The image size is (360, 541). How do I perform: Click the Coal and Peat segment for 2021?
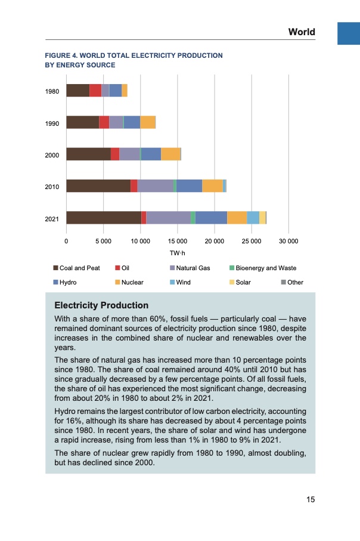[x=103, y=218]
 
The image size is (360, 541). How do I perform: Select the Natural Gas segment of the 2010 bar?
[x=155, y=186]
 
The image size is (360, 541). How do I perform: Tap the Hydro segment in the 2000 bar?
[x=151, y=154]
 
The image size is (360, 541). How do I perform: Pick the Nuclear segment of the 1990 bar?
[x=147, y=122]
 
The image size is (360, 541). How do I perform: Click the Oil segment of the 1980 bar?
[x=95, y=91]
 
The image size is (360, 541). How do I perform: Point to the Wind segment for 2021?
[x=253, y=218]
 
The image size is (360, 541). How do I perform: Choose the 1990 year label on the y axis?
[x=52, y=123]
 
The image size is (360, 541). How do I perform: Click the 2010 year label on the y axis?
[x=52, y=187]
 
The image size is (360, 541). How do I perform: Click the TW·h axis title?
[x=178, y=254]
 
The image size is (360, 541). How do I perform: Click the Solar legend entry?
[x=243, y=282]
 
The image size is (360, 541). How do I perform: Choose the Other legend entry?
[x=295, y=282]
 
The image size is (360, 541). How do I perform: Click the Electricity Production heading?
[x=101, y=306]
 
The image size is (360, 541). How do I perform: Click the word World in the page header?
[x=302, y=32]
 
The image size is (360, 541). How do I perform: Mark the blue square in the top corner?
[x=349, y=33]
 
